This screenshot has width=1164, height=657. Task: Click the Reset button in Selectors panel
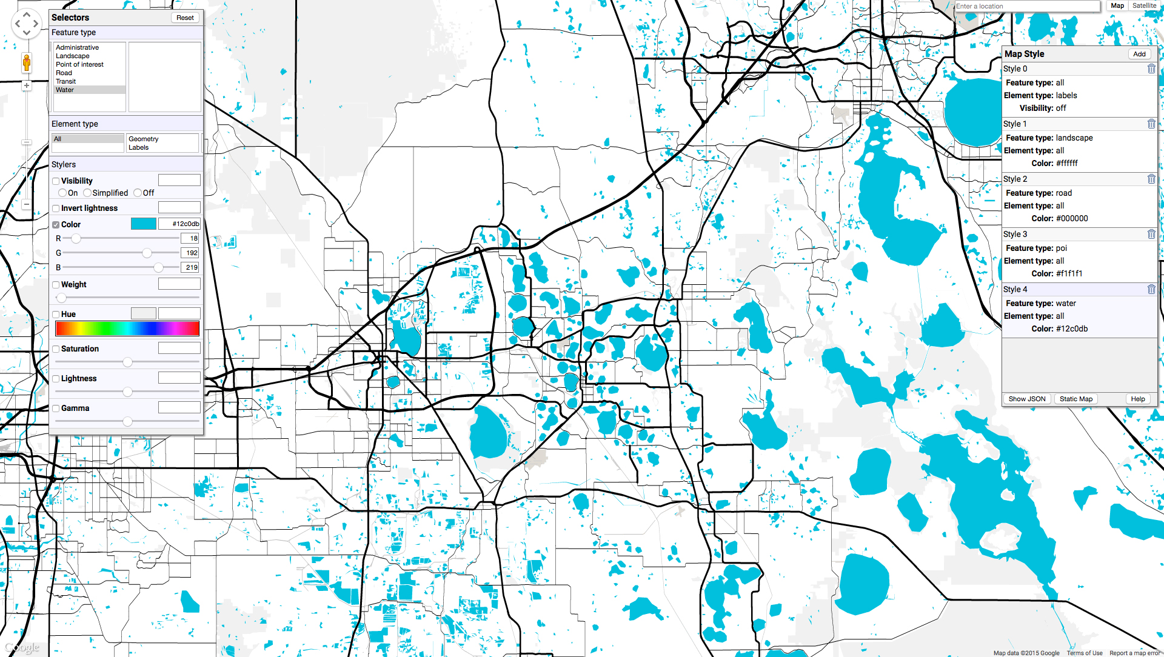[185, 18]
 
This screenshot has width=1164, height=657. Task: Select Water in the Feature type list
[65, 90]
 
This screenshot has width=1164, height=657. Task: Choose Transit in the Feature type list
[66, 81]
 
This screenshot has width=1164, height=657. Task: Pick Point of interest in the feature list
[79, 64]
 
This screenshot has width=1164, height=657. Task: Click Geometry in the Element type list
[143, 139]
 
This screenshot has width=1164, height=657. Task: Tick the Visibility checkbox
[56, 181]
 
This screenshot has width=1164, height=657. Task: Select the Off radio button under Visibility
[138, 193]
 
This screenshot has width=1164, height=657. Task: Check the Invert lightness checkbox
[56, 208]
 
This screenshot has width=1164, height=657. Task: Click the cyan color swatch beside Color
[144, 224]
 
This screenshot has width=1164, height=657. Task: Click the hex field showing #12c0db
[179, 224]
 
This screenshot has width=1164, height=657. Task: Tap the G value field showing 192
[190, 253]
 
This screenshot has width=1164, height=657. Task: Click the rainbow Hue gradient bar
[127, 328]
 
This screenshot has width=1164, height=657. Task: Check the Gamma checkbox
[56, 409]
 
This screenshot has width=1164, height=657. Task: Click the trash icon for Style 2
[1151, 179]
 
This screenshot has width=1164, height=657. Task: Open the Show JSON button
[1026, 399]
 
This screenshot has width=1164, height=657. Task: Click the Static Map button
[1075, 399]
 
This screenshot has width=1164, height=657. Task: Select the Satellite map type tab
[1144, 6]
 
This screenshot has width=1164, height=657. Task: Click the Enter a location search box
[1027, 6]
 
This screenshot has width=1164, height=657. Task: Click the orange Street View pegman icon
[27, 62]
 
